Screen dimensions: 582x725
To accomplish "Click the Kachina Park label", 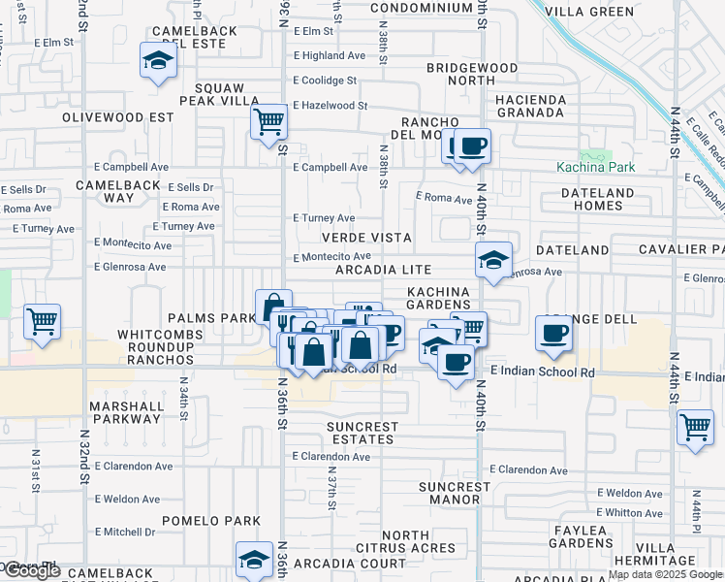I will click(596, 167).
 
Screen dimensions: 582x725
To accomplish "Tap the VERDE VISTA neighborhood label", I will click(367, 238).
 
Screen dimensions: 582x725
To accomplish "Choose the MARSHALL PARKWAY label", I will click(125, 412).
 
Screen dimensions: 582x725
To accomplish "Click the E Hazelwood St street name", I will click(332, 105).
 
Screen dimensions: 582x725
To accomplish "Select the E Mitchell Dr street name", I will click(124, 532).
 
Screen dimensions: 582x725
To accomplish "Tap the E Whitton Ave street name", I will click(630, 512).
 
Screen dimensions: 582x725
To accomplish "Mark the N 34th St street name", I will click(182, 398).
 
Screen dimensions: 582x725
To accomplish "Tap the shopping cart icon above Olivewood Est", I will click(269, 122).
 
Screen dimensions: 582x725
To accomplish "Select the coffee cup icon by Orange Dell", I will click(553, 333).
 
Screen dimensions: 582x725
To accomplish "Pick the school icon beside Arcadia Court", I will click(254, 560).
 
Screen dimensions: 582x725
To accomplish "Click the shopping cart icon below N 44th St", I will click(695, 427).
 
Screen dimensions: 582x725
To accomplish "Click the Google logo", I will click(31, 571).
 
